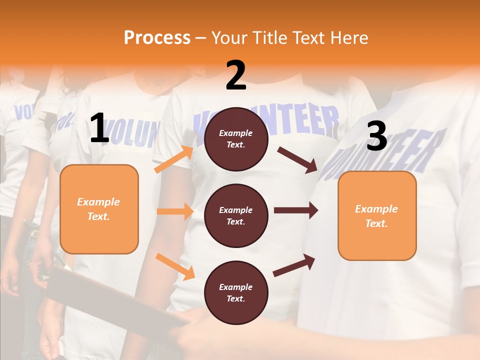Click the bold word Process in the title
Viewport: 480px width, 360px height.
(157, 37)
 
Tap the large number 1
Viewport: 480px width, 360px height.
(99, 128)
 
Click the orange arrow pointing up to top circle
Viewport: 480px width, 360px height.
(174, 159)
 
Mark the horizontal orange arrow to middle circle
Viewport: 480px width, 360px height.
(175, 211)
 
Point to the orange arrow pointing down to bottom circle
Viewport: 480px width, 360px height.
(175, 266)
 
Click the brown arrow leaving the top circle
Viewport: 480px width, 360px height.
(297, 159)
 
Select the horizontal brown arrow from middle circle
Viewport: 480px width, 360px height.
(296, 210)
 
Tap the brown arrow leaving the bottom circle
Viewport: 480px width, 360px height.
(294, 265)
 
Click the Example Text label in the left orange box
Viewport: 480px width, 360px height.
(98, 209)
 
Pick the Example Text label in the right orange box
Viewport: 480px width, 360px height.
(376, 216)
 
